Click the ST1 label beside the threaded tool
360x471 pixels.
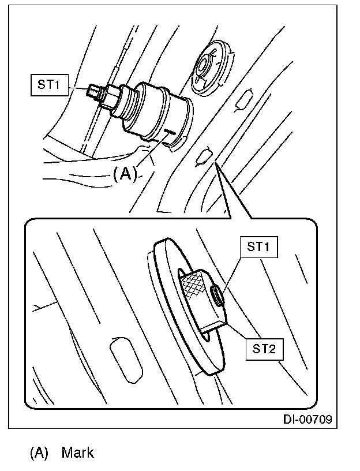click(x=48, y=85)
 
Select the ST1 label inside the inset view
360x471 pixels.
click(x=258, y=248)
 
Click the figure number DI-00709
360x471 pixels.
click(x=307, y=419)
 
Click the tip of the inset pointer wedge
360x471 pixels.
click(x=216, y=165)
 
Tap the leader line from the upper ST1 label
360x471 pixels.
click(x=78, y=87)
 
